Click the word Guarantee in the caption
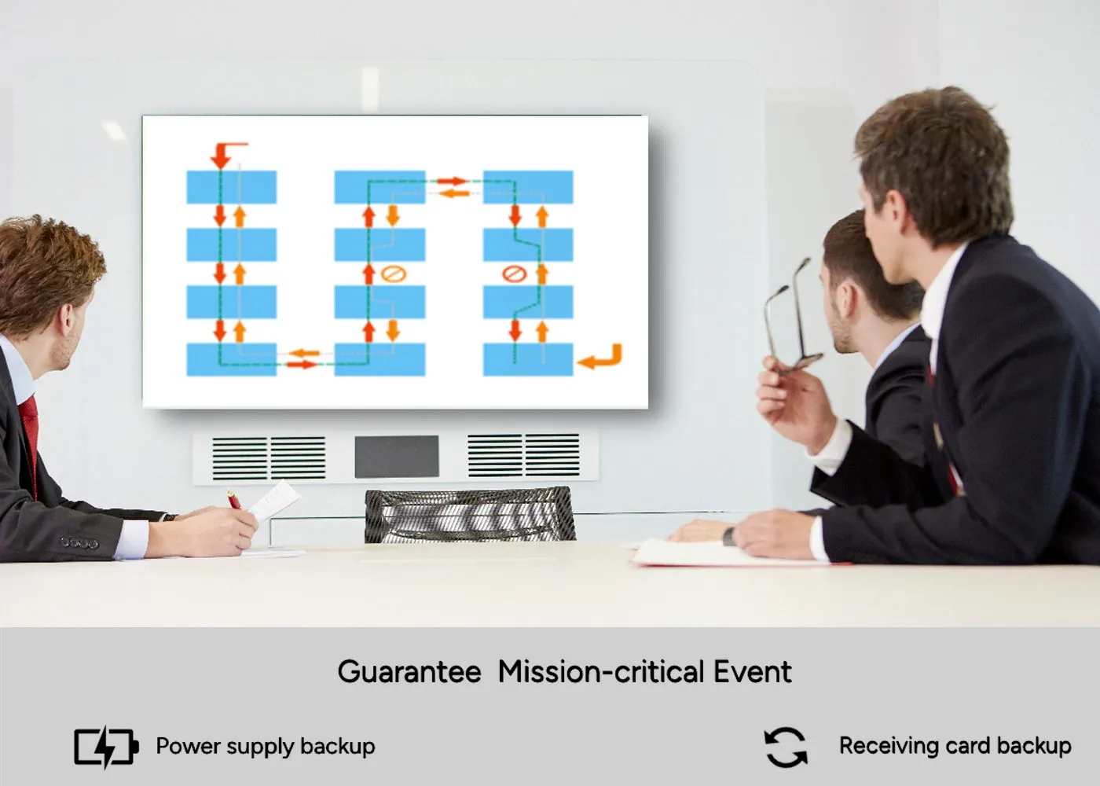(x=409, y=673)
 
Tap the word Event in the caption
(x=752, y=673)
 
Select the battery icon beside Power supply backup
(x=106, y=746)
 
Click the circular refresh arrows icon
(x=785, y=747)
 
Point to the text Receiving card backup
(x=955, y=746)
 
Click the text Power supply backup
(x=266, y=746)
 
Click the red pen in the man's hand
(x=233, y=499)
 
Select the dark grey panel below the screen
(x=396, y=457)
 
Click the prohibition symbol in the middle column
(x=393, y=274)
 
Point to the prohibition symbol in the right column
(x=513, y=274)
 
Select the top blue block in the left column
(x=231, y=187)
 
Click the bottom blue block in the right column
(x=527, y=359)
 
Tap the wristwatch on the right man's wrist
(x=728, y=536)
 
